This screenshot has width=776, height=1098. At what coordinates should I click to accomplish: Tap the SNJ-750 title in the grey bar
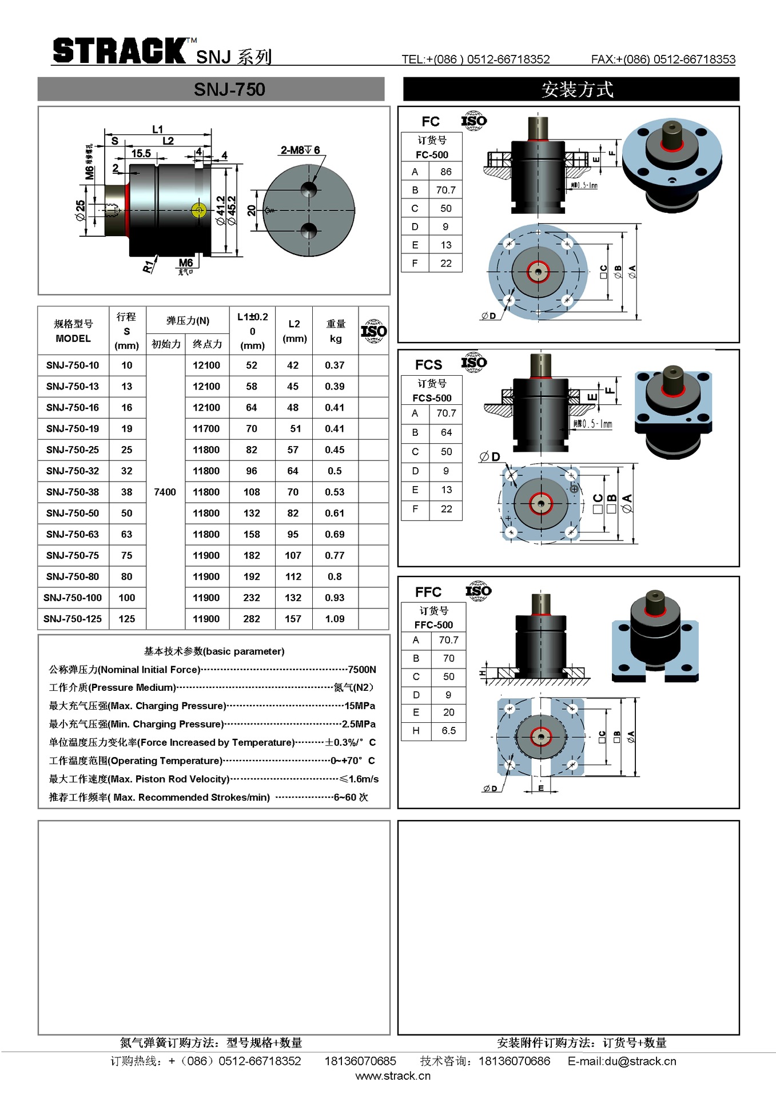[x=229, y=90]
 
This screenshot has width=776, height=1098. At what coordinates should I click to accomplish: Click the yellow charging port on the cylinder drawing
[x=198, y=210]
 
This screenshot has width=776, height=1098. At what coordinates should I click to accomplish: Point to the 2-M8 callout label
[x=300, y=150]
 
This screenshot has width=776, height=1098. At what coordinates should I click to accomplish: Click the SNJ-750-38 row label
[x=73, y=492]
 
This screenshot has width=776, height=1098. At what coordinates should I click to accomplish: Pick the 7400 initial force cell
[x=165, y=492]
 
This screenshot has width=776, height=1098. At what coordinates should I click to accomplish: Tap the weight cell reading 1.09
[x=335, y=619]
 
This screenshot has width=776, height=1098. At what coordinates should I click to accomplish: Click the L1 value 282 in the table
[x=252, y=619]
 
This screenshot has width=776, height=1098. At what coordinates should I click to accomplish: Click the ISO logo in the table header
[x=373, y=331]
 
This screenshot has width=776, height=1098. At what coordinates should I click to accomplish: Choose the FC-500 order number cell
[x=432, y=154]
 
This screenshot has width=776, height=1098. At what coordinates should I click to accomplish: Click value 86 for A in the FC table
[x=446, y=172]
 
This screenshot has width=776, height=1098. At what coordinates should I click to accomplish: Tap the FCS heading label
[x=428, y=365]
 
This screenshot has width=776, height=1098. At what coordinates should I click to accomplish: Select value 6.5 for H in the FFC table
[x=448, y=731]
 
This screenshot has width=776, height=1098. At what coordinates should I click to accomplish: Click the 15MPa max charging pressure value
[x=360, y=706]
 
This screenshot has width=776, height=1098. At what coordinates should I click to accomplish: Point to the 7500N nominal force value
[x=362, y=670]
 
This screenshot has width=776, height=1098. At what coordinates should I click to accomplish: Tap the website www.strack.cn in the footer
[x=393, y=1076]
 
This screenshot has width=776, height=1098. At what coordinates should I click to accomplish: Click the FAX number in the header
[x=663, y=59]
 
